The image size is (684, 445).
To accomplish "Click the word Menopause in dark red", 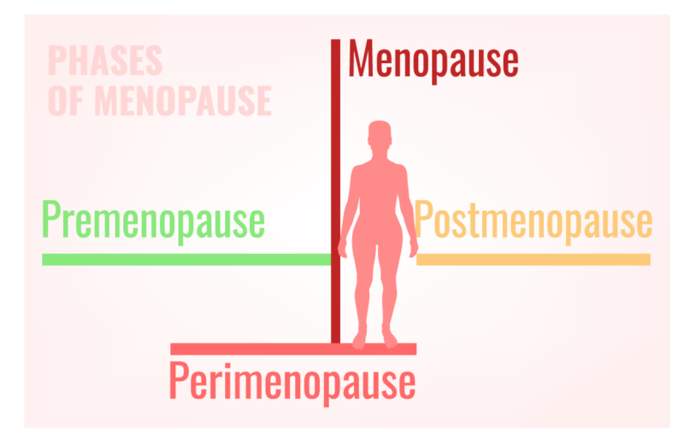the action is [x=433, y=61].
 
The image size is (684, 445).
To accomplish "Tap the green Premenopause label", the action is [x=154, y=221].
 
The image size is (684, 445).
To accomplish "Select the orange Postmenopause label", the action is [x=533, y=221].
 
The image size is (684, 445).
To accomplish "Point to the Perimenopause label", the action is [x=292, y=384].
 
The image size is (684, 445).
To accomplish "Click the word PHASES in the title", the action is [x=105, y=61].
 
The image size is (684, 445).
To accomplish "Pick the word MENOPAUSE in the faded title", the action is [x=183, y=101].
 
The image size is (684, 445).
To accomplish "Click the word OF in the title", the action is [x=66, y=101].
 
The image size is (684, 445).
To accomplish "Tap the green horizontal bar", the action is [x=186, y=260].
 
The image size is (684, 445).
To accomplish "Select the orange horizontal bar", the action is [x=534, y=260].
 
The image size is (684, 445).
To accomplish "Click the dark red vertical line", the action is [x=335, y=191].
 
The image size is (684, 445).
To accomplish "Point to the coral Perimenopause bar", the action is [x=293, y=349].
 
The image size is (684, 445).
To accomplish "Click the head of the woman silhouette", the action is [x=380, y=133].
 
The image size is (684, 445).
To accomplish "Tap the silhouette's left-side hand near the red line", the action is [x=343, y=249].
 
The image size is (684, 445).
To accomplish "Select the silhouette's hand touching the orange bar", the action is [x=413, y=249].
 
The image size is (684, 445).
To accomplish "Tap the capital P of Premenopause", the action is [x=50, y=219].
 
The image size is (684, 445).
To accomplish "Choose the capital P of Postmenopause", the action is [x=423, y=219].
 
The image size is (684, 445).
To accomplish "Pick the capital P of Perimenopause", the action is [x=178, y=380].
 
